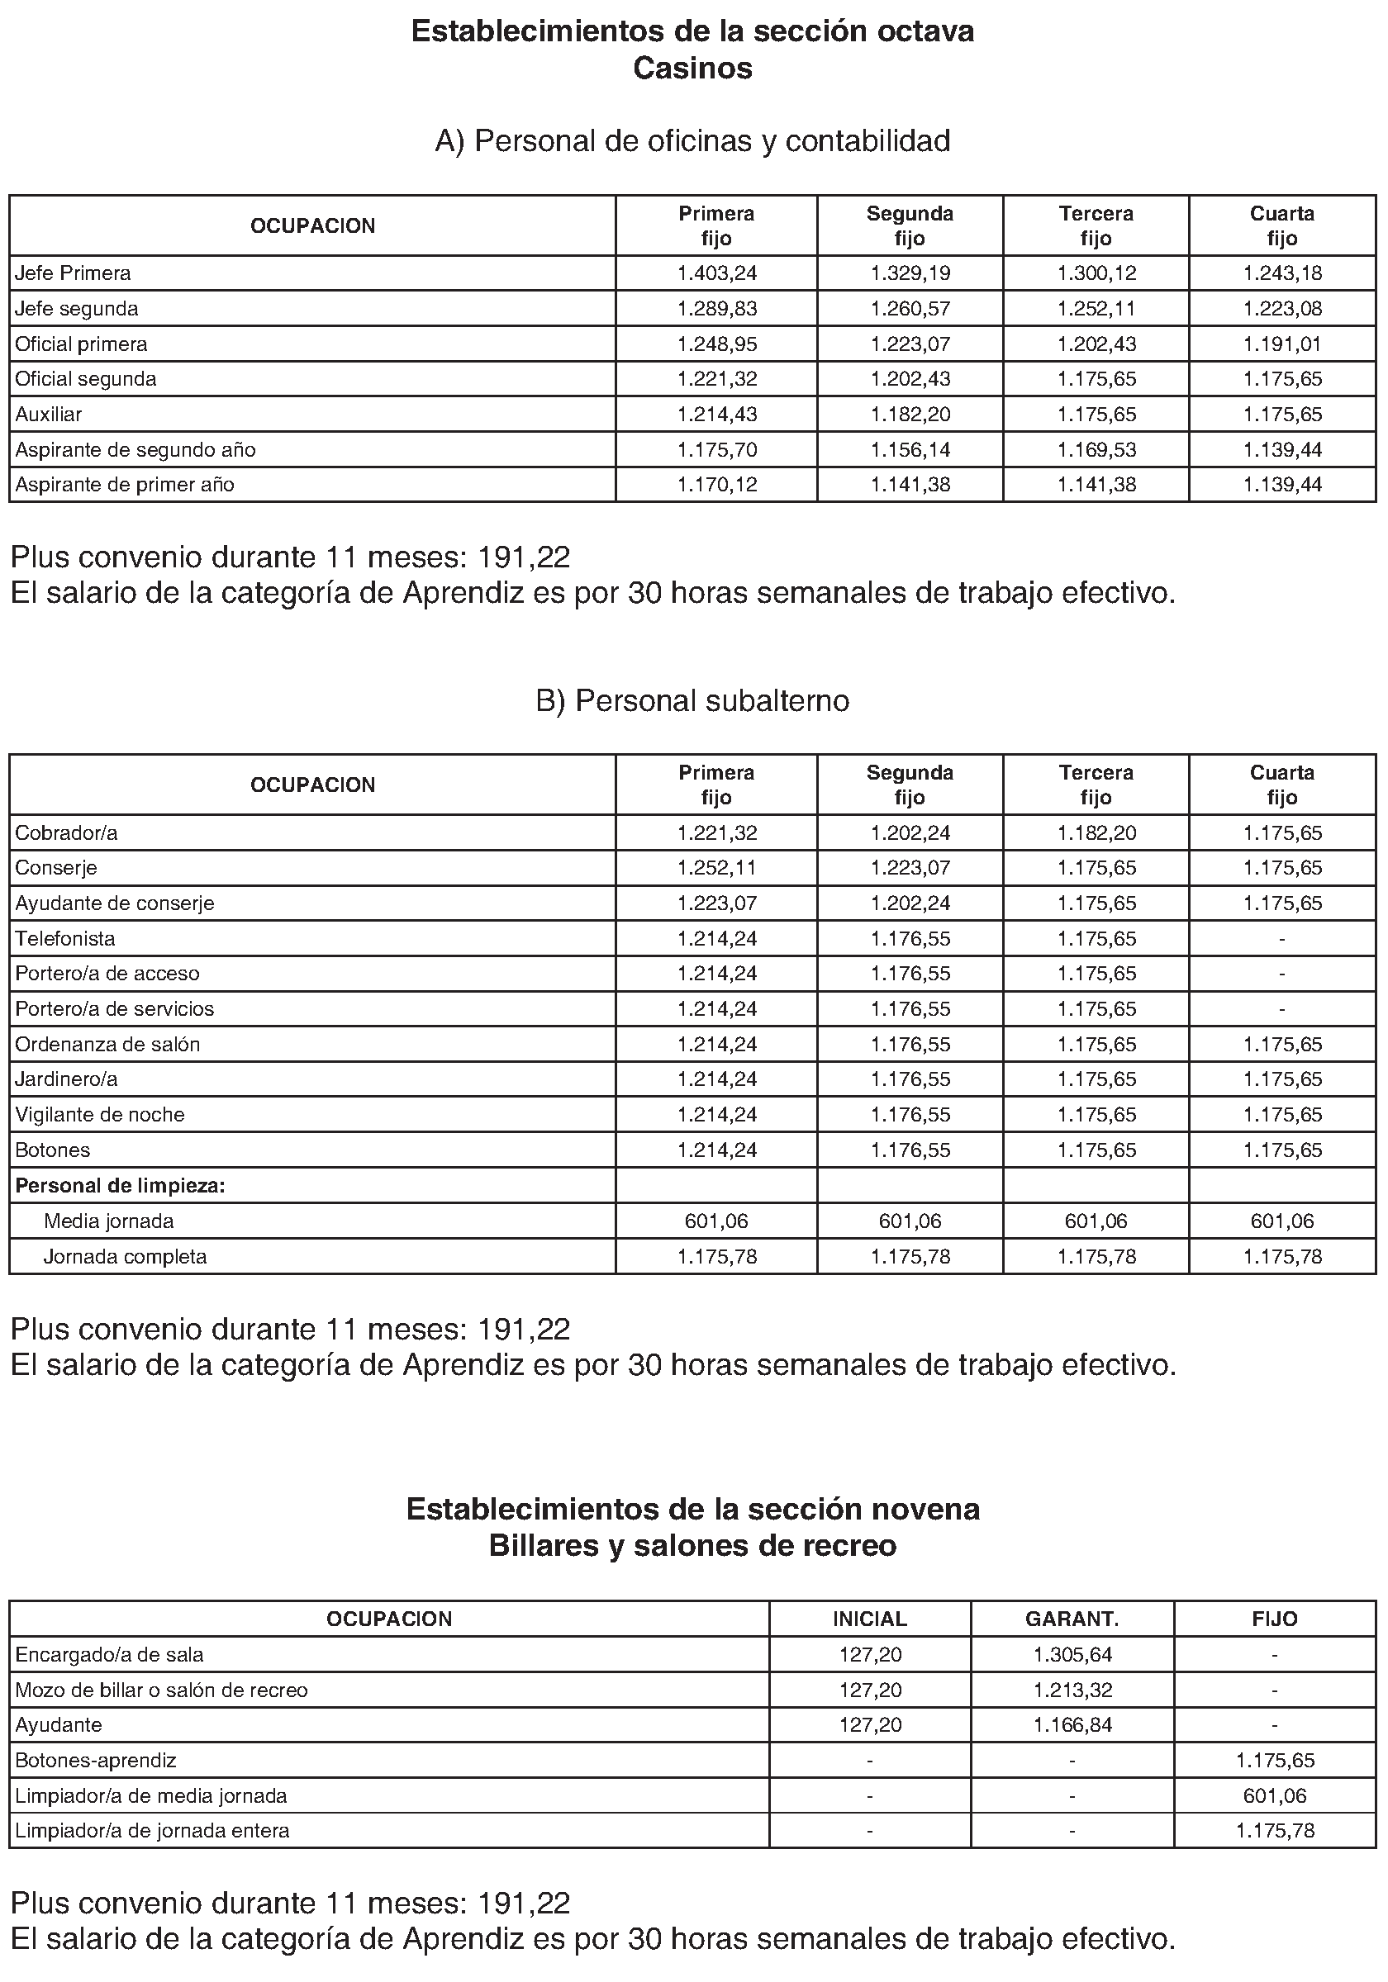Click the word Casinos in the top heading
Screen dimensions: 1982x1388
pyautogui.click(x=692, y=69)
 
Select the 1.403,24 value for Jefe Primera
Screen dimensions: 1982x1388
pyautogui.click(x=717, y=273)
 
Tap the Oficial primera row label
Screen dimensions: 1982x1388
pyautogui.click(x=81, y=344)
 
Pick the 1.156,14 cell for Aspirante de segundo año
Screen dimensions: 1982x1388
pyautogui.click(x=910, y=450)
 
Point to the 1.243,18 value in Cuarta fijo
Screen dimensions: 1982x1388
pyautogui.click(x=1282, y=273)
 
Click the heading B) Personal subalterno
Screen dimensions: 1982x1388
pyautogui.click(x=692, y=701)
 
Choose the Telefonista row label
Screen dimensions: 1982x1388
pyautogui.click(x=64, y=938)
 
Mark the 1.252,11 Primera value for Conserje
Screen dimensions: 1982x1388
pyautogui.click(x=717, y=868)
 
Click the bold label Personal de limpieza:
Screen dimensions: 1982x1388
pyautogui.click(x=120, y=1186)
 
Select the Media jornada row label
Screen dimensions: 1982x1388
pyautogui.click(x=109, y=1221)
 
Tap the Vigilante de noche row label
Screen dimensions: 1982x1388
pyautogui.click(x=100, y=1114)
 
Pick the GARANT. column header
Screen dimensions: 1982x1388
pyautogui.click(x=1072, y=1619)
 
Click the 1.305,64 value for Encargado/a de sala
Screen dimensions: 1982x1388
pyautogui.click(x=1072, y=1655)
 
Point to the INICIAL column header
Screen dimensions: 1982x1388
pyautogui.click(x=870, y=1619)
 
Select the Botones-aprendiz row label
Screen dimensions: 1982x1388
pyautogui.click(x=96, y=1760)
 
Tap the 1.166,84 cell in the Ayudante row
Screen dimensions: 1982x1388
pyautogui.click(x=1072, y=1725)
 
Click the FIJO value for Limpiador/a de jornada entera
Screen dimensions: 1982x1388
pyautogui.click(x=1275, y=1830)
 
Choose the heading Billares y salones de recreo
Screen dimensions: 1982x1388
pyautogui.click(x=692, y=1545)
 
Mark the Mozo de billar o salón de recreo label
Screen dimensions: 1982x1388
pyautogui.click(x=161, y=1690)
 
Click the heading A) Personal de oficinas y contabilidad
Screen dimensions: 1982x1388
pyautogui.click(x=692, y=140)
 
